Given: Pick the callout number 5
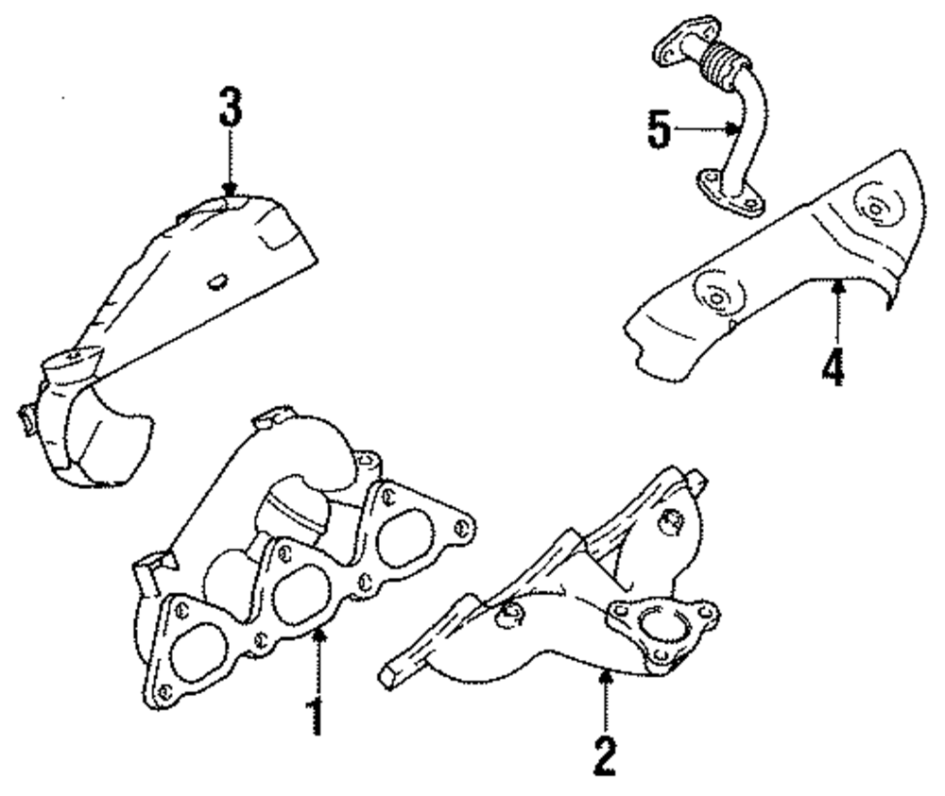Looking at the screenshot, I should click(x=661, y=131).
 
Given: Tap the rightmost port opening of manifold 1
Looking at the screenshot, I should click(x=404, y=538).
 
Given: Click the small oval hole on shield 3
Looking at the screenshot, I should click(x=216, y=279).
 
